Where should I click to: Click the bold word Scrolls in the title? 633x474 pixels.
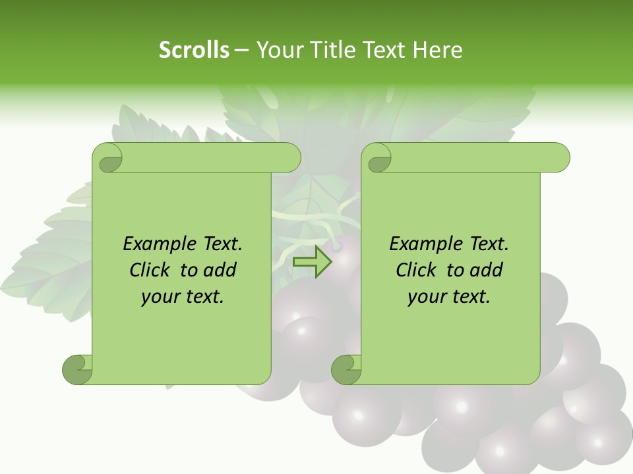[x=194, y=50]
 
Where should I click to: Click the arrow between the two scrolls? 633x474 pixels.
[x=313, y=261]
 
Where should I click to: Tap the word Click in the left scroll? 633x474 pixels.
[x=151, y=271]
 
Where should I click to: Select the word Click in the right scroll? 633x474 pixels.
[x=417, y=271]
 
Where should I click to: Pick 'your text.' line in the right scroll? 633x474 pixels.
[x=449, y=297]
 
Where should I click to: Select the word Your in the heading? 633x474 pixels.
[x=278, y=50]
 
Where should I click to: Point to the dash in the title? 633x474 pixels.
[x=242, y=50]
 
